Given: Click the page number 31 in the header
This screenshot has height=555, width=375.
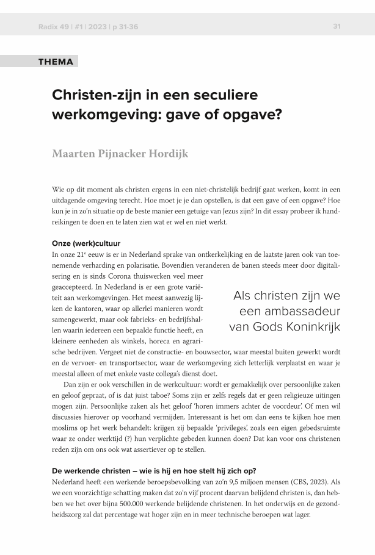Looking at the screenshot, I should [337, 26].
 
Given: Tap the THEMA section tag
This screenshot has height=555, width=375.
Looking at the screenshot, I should [56, 62].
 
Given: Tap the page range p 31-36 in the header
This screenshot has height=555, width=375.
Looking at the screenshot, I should [129, 26].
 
